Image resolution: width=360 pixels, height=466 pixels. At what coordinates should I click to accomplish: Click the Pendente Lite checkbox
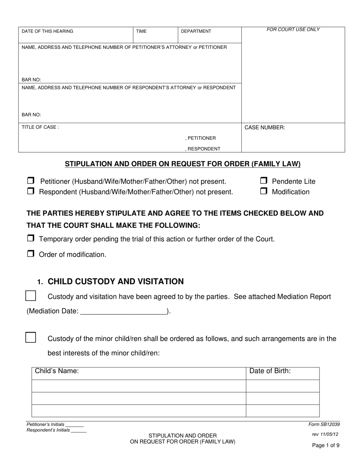tap(264, 181)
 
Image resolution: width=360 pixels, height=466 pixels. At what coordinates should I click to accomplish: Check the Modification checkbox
tap(264, 191)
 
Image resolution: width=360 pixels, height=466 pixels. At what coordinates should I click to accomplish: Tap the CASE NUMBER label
tap(265, 128)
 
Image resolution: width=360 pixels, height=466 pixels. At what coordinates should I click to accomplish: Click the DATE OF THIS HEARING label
tap(47, 31)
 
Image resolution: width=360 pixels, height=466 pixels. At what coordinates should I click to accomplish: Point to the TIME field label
tap(141, 31)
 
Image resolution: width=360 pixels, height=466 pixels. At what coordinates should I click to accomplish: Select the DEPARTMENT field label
tap(196, 31)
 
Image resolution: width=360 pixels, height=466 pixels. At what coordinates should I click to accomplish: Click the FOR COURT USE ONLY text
tap(293, 30)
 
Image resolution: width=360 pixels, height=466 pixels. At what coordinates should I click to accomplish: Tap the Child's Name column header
tap(57, 371)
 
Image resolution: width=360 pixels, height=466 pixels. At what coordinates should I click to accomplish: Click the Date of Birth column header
tap(270, 371)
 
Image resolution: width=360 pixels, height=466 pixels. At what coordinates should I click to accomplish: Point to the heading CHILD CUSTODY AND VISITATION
tap(116, 281)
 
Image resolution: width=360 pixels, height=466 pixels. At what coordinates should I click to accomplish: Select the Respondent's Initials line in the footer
tap(78, 431)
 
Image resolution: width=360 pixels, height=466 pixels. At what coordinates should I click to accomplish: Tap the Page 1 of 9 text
tap(326, 446)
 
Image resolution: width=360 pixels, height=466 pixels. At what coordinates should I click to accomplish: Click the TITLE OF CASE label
tap(40, 128)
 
